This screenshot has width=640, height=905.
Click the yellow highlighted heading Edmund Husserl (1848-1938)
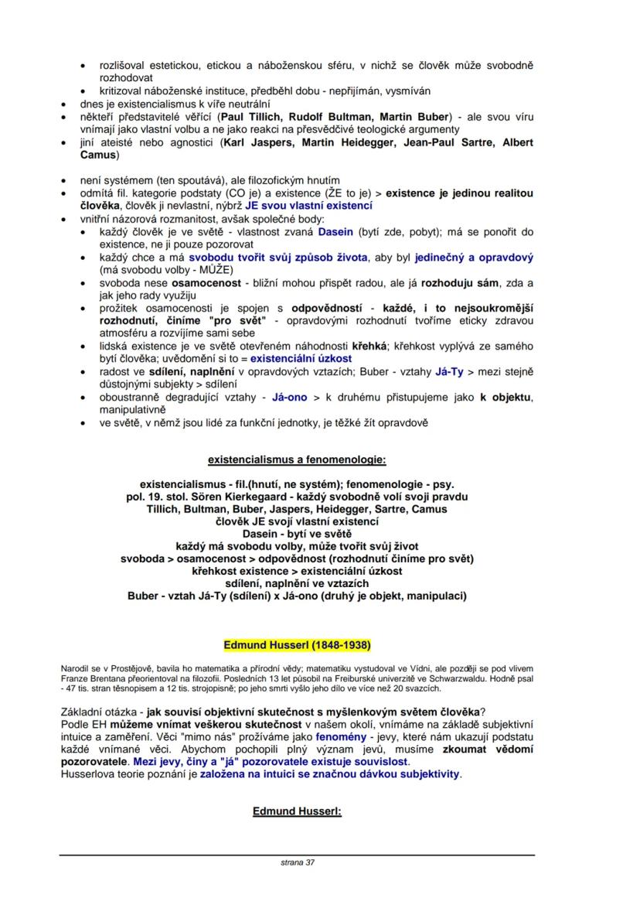[297, 644]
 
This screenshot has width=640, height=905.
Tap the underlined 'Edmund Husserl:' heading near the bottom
[297, 811]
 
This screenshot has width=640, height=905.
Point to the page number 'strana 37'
[298, 862]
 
